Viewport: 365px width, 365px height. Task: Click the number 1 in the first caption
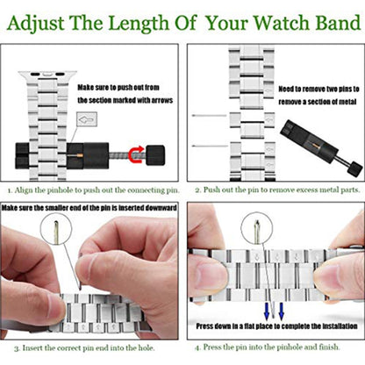click(x=8, y=189)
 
